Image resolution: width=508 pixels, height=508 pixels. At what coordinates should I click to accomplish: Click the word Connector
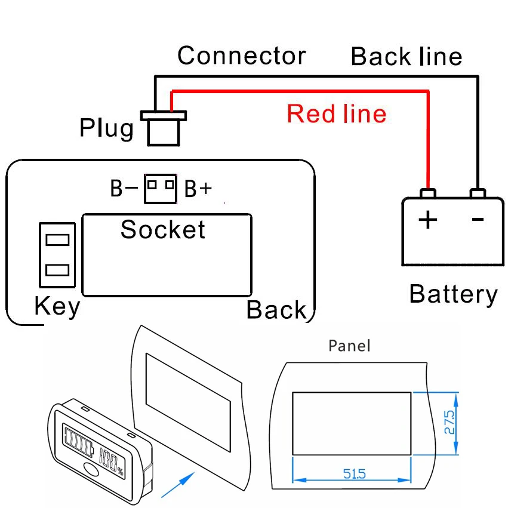point(241,56)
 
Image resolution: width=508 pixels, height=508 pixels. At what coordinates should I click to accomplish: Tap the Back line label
point(406,57)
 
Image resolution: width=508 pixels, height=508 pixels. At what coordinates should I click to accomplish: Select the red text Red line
point(336,113)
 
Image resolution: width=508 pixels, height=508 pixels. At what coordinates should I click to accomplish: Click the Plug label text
point(107,128)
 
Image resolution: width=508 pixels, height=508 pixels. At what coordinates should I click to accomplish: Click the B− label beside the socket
point(124,189)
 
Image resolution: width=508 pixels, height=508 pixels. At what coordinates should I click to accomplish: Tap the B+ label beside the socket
point(198,189)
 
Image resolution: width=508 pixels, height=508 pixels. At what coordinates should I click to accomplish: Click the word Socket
point(163,230)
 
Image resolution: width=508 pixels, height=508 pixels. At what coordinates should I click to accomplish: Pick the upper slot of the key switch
point(57,240)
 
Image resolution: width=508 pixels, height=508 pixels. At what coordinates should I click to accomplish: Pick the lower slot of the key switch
point(57,270)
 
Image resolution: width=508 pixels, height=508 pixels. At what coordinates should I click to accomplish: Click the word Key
point(57,307)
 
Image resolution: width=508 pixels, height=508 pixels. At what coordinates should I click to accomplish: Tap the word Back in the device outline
point(276,310)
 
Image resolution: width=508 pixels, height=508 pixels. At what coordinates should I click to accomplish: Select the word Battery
point(453,294)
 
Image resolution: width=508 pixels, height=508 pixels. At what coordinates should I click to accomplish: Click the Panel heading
point(349,346)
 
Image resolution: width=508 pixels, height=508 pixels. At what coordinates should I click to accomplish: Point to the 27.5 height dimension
point(449,422)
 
